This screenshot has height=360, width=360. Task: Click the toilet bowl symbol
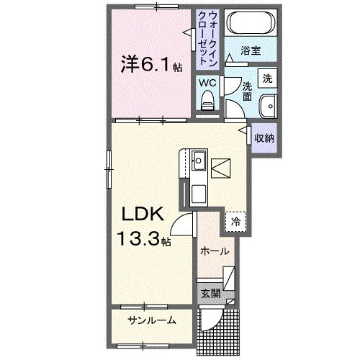(209, 100)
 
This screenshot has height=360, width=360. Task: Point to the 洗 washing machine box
(267, 78)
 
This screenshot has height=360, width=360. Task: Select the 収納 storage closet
(263, 137)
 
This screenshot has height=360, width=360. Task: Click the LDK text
(141, 213)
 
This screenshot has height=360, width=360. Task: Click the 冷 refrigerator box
(235, 222)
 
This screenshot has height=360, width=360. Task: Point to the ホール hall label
(215, 251)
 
